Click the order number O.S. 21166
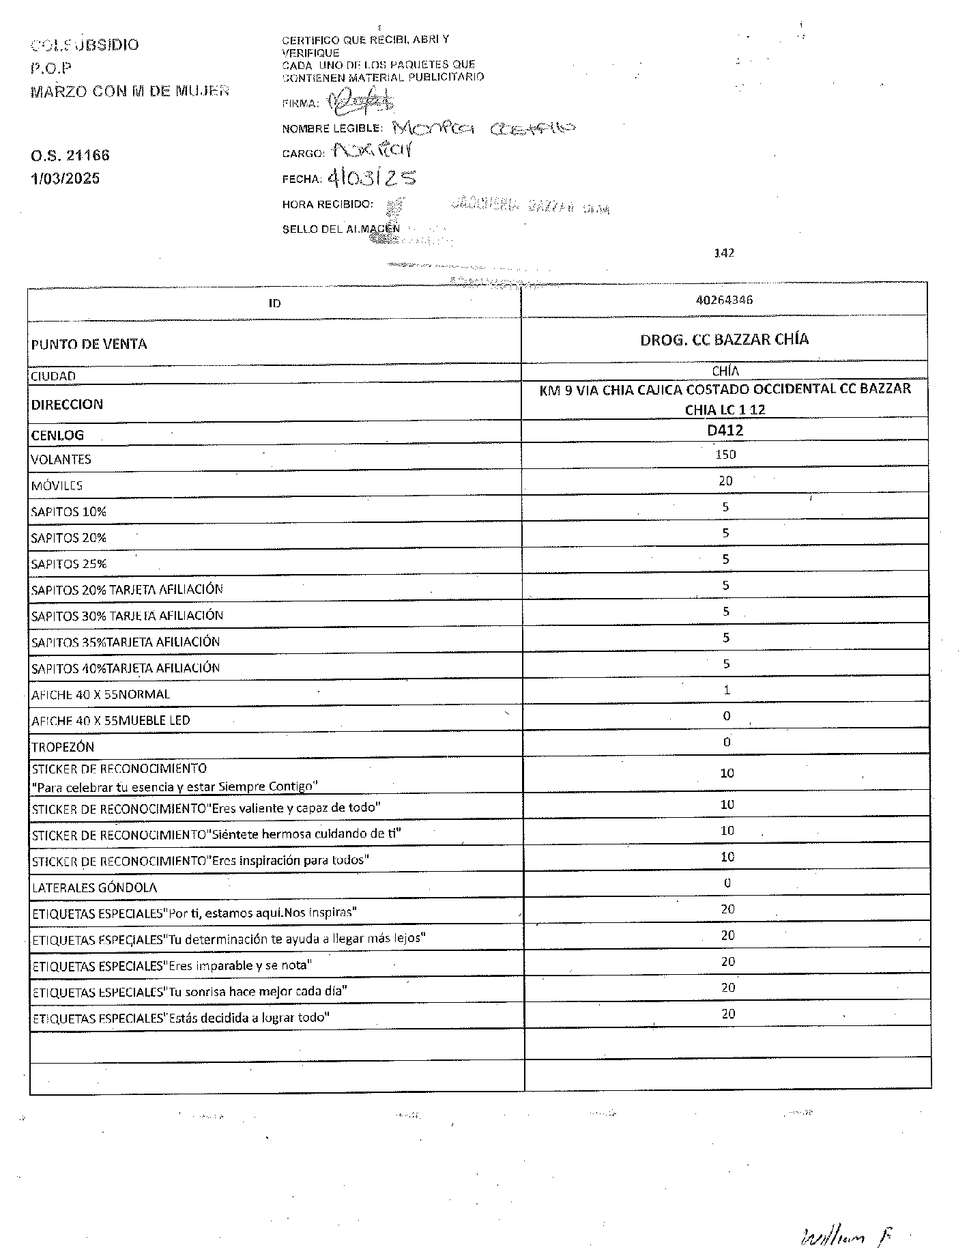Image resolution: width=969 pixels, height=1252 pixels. pos(70,156)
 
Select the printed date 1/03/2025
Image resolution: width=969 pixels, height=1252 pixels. pos(65,179)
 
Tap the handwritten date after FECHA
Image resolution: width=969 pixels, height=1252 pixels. pos(372,178)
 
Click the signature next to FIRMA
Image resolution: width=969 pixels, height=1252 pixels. pos(362,102)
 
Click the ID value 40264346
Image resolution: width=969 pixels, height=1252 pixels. pos(724,300)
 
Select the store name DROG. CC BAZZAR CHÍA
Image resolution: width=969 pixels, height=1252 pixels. pos(724,339)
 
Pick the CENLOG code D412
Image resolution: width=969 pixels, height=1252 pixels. pos(725,431)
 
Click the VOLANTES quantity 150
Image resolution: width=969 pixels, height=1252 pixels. pos(725,455)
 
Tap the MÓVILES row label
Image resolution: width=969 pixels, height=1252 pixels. pos(57,486)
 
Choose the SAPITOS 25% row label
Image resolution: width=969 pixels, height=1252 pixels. pos(69,565)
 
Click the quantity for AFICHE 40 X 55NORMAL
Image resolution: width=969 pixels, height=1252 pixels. pos(727,690)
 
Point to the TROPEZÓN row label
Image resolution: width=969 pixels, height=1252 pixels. pos(63,747)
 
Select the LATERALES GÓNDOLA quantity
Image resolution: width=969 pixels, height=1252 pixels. pos(727,883)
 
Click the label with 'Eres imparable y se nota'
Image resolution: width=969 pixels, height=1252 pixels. pos(172,966)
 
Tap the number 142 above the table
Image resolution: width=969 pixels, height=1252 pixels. pos(724,253)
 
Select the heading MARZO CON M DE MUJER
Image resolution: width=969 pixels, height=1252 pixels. pos(130,91)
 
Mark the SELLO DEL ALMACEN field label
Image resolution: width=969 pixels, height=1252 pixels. pos(341,229)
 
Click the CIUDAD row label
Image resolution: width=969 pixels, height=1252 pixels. pos(53,376)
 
